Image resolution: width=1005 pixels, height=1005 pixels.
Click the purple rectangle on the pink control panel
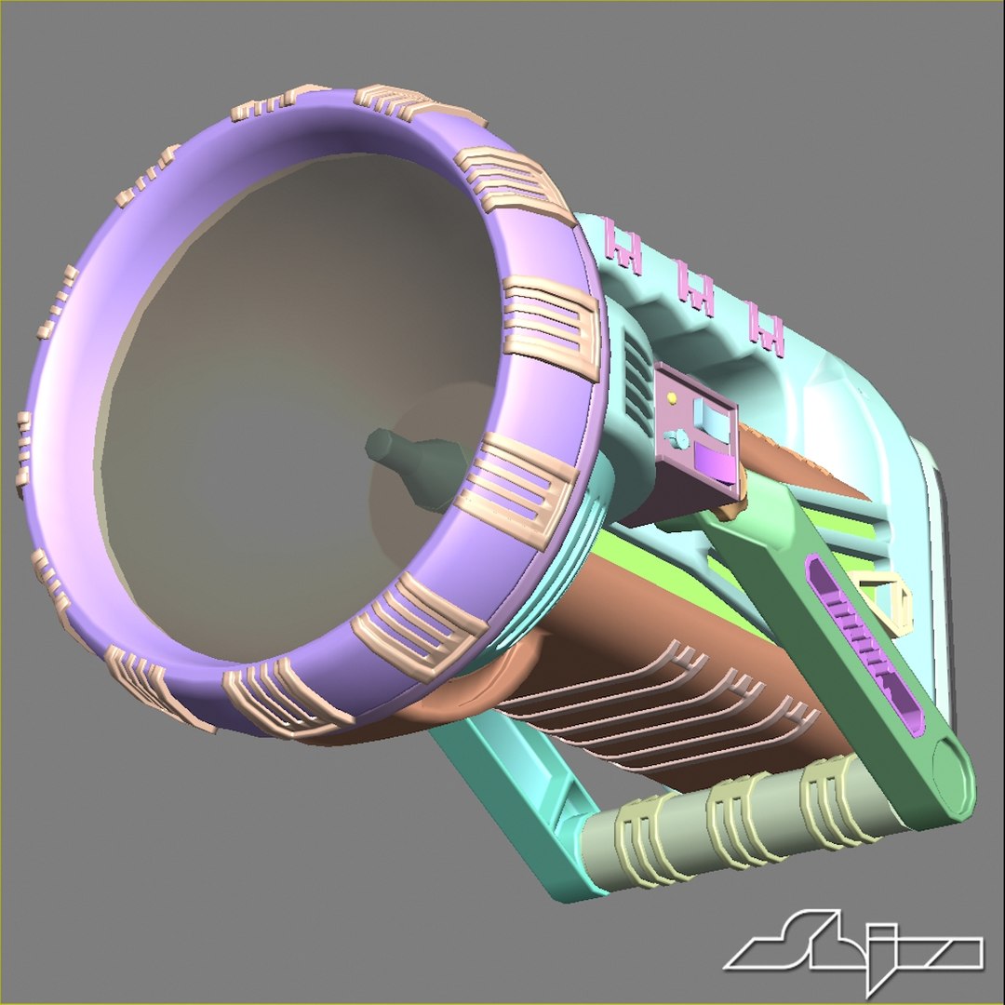tap(713, 461)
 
